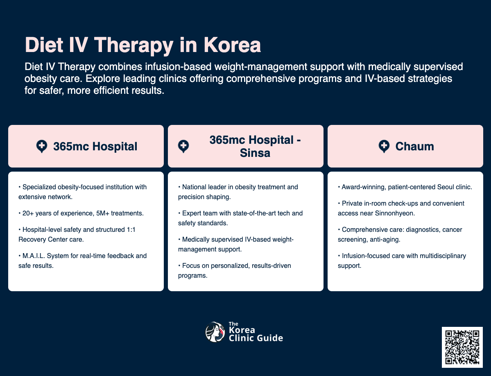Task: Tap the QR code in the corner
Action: (x=462, y=347)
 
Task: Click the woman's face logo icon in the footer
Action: (x=215, y=332)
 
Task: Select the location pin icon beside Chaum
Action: (x=384, y=146)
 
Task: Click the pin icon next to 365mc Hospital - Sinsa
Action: (x=183, y=146)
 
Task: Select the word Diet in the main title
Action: (x=43, y=45)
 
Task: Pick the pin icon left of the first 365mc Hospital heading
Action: (x=41, y=146)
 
